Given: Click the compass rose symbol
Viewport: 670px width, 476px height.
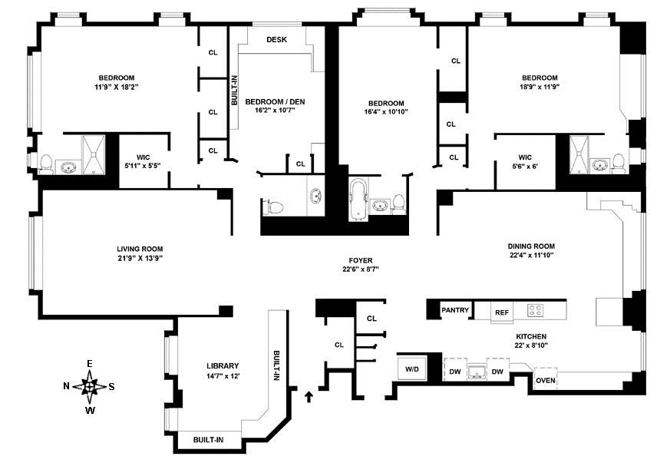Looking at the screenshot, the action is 89,387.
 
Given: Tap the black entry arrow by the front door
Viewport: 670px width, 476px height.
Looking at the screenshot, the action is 309,396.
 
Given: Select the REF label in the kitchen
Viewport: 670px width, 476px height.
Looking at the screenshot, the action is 502,312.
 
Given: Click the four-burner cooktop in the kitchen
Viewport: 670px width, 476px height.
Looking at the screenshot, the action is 535,310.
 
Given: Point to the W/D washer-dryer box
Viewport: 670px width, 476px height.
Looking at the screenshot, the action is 412,369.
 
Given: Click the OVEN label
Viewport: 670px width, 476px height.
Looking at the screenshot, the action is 546,380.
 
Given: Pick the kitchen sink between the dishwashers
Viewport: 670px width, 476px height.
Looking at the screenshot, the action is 477,372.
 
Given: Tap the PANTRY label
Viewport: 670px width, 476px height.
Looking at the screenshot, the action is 455,310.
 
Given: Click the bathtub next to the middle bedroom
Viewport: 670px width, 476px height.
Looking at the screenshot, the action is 358,200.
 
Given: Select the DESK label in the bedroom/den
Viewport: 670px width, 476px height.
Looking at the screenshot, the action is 276,40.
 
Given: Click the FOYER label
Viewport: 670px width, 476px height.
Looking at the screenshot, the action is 361,260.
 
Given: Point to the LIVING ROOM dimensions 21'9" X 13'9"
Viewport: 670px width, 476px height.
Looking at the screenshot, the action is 140,258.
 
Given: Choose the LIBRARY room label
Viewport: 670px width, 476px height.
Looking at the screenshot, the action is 223,365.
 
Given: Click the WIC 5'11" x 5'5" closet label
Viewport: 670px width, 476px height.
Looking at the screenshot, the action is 144,161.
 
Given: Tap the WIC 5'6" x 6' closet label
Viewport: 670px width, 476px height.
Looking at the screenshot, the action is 525,162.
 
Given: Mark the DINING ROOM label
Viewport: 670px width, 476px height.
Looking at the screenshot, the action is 531,246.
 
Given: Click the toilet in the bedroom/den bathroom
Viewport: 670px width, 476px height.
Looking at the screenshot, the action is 272,207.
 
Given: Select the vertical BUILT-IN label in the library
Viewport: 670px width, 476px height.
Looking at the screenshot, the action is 276,365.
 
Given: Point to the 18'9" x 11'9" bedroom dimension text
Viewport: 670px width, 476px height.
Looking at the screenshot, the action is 540,87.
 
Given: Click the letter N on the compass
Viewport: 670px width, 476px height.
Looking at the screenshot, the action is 66,386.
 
